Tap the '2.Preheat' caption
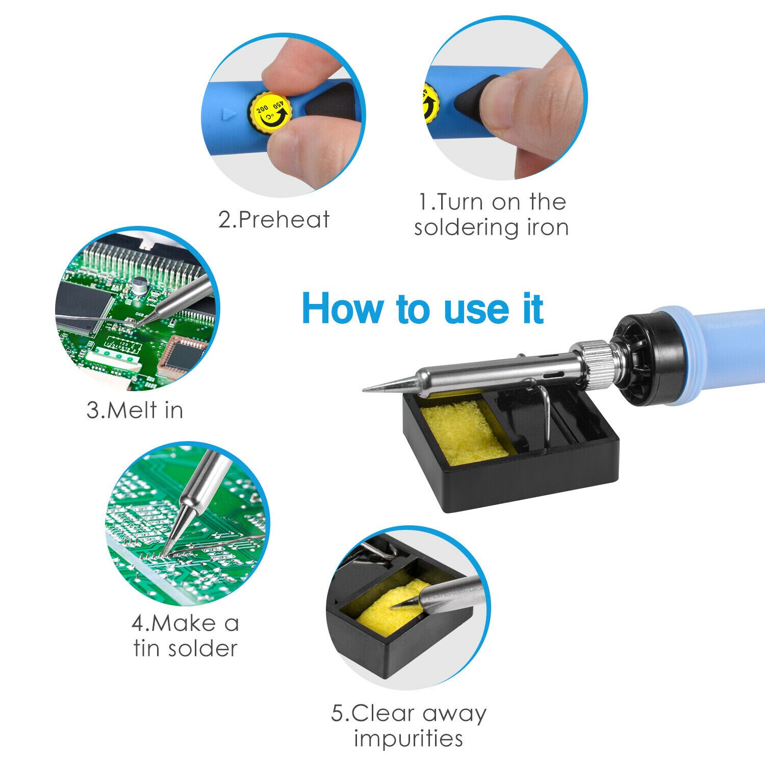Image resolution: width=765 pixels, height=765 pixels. point(274,220)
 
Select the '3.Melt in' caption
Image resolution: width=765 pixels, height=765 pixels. point(135,410)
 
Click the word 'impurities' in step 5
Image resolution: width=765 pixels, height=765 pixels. point(409,738)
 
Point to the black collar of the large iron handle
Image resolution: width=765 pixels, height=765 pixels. point(648,357)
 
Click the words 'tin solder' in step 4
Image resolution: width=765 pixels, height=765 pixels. point(186,649)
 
